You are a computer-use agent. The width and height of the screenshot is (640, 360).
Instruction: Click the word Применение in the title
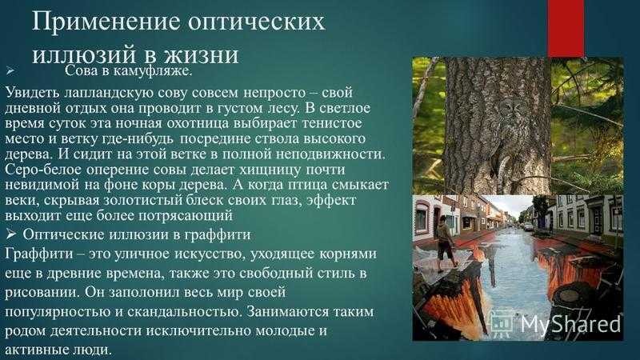pos(106,22)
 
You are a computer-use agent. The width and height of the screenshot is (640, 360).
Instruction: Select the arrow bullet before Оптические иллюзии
pos(11,234)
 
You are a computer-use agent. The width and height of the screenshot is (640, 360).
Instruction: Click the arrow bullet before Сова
pos(10,71)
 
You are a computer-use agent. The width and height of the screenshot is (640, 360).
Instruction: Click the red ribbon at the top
pos(566,28)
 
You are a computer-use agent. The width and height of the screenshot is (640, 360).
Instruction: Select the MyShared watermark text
pos(570,325)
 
